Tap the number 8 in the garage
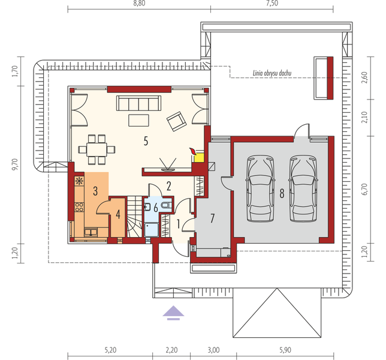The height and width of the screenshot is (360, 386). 281,193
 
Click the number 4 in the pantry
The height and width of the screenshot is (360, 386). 118,214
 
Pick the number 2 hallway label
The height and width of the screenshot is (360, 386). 169,185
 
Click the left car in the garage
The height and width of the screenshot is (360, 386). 259,189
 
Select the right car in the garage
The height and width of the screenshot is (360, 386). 302,189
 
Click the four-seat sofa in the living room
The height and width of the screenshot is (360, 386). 137,103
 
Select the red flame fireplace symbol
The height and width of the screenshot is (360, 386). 192,150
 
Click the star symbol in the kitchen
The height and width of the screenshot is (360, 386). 79,181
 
